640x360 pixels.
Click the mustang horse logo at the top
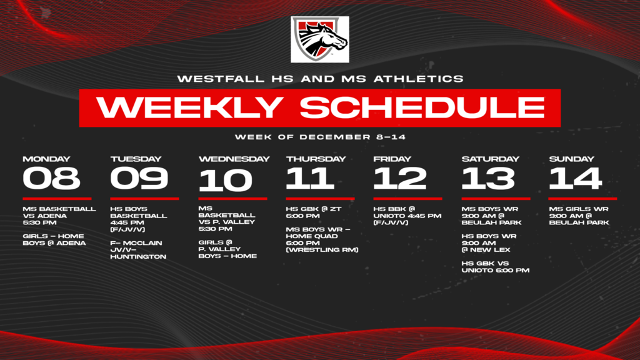319,39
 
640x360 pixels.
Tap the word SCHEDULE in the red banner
422,107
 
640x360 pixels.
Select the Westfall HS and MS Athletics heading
320,79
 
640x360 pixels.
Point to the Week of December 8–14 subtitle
320,137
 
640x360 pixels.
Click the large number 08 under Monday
51,178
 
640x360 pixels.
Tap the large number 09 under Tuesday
139,178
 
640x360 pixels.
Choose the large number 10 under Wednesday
226,181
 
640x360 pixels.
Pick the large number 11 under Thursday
309,178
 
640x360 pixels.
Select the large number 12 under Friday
399,178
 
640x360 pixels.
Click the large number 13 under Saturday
487,178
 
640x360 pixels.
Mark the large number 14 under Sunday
575,178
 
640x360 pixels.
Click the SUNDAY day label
571,159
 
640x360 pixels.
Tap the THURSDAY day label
316,159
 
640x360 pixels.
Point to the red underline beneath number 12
407,199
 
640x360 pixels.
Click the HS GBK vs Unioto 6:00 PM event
495,266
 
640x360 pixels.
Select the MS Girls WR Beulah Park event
579,216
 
